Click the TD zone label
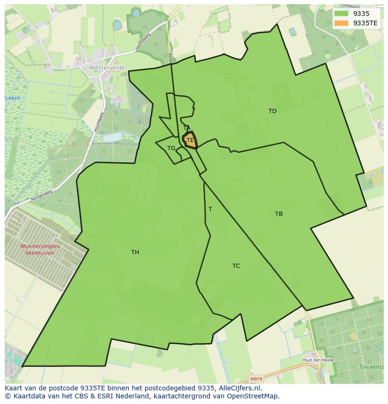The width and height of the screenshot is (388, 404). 272,111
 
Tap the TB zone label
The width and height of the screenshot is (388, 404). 279,214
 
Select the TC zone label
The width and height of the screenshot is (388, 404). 236,266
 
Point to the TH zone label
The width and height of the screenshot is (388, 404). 135,252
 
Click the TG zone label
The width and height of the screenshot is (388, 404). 171,148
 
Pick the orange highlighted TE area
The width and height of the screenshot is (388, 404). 190,140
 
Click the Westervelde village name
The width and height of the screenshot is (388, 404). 107,68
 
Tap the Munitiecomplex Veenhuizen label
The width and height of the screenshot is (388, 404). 37,250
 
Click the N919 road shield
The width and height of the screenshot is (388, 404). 255,379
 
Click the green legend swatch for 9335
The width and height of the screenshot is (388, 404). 342,14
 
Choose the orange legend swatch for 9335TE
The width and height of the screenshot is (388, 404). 342,23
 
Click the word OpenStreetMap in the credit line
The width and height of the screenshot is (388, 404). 255,396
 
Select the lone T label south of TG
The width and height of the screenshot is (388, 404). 210,209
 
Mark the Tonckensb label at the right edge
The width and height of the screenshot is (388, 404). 371,367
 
